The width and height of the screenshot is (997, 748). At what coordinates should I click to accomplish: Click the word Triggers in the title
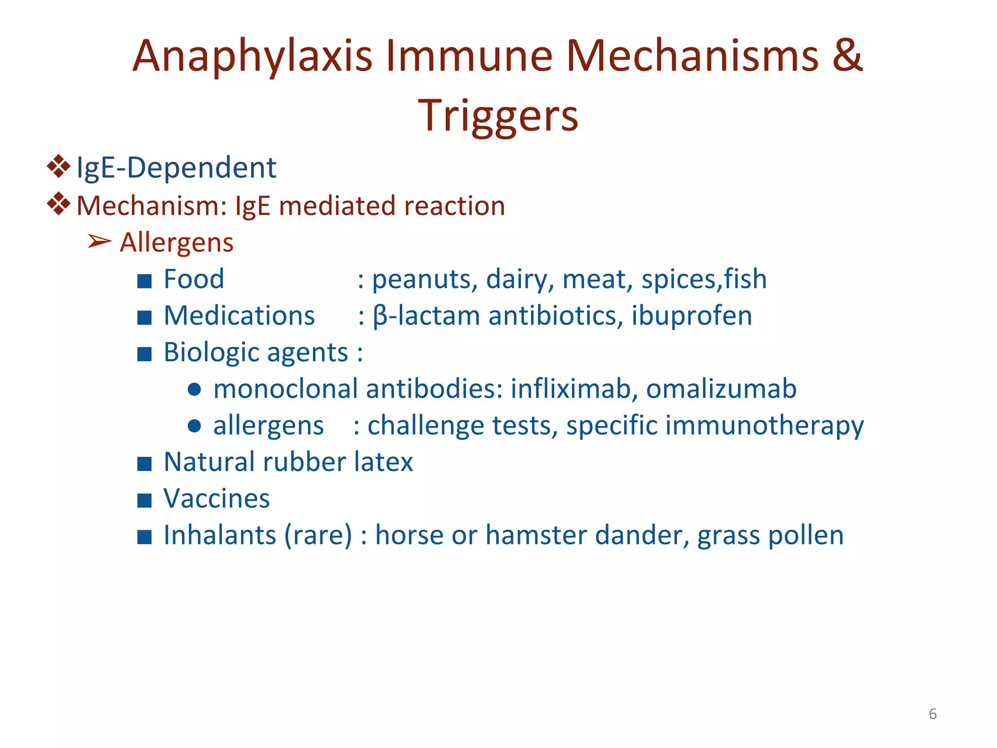(498, 116)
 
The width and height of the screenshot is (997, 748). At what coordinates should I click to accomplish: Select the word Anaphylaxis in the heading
(252, 56)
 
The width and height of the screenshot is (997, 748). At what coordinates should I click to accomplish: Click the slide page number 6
(932, 714)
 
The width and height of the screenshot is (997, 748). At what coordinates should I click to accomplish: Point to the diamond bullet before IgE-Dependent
(58, 166)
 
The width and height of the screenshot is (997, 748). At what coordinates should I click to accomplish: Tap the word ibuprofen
(691, 316)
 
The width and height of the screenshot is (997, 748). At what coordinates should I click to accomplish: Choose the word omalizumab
(721, 389)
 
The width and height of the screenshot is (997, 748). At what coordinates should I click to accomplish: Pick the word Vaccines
(217, 499)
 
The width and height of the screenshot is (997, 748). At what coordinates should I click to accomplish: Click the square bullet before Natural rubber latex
(145, 464)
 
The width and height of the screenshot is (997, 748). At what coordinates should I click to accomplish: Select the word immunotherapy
(764, 427)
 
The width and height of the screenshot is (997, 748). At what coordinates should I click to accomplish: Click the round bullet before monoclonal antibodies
(194, 390)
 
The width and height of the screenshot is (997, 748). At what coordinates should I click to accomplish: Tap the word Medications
(239, 316)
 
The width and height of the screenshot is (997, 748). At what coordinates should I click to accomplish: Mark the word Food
(194, 280)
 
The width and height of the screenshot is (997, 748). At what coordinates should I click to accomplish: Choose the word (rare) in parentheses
(318, 536)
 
